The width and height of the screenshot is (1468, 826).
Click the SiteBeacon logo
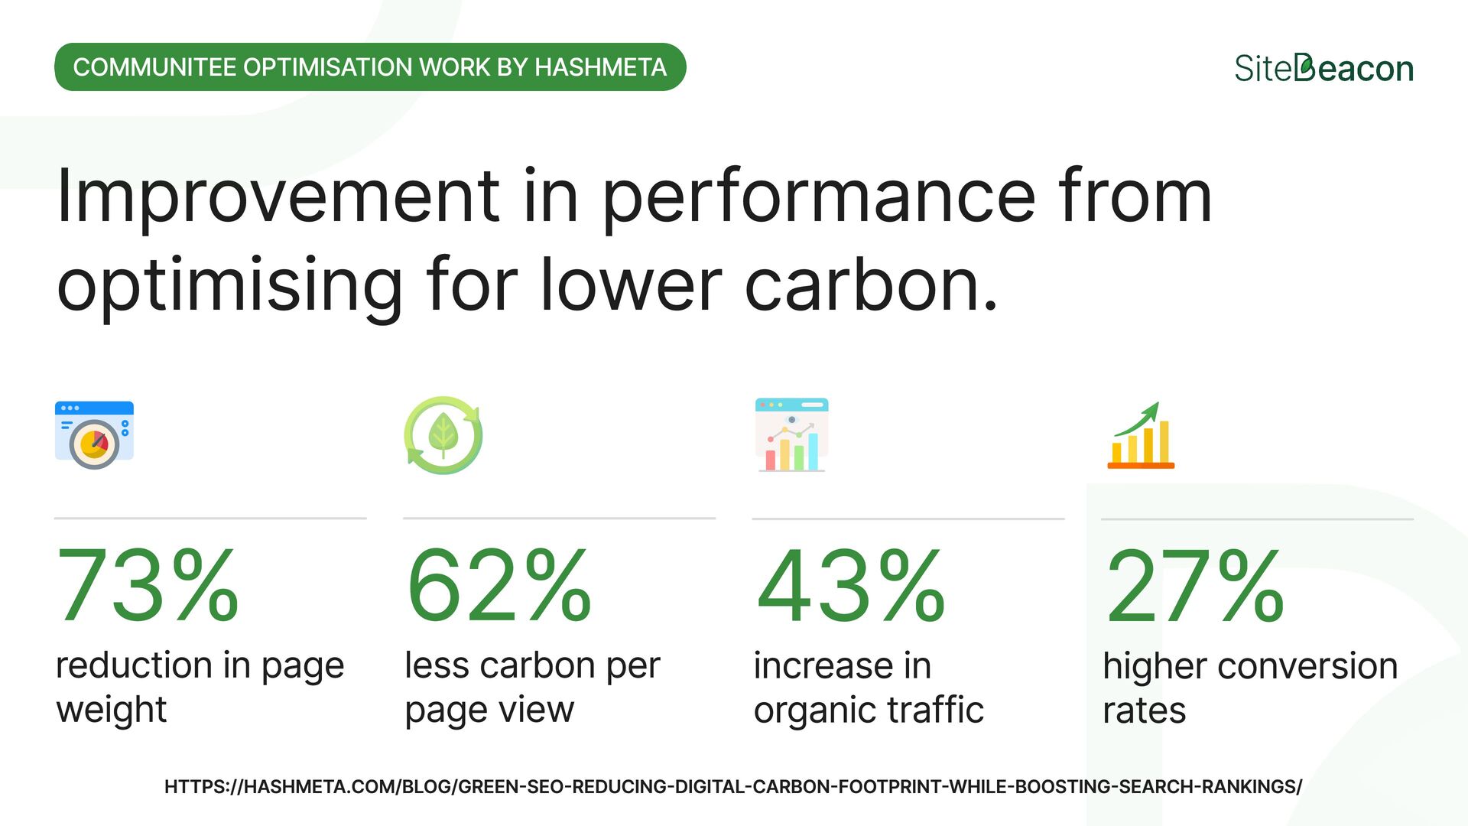1323,68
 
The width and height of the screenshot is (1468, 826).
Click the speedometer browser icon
94,434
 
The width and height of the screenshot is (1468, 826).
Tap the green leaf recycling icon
443,435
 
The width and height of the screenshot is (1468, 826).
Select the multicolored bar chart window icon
791,434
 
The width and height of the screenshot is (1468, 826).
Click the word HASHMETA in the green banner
600,67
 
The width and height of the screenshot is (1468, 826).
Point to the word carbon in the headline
870,285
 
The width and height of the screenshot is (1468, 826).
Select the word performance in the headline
818,197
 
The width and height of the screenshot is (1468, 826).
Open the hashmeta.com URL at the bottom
732,786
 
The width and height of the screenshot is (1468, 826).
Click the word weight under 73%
112,710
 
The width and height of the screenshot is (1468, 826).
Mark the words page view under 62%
489,710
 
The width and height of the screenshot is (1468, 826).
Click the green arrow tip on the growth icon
1155,408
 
